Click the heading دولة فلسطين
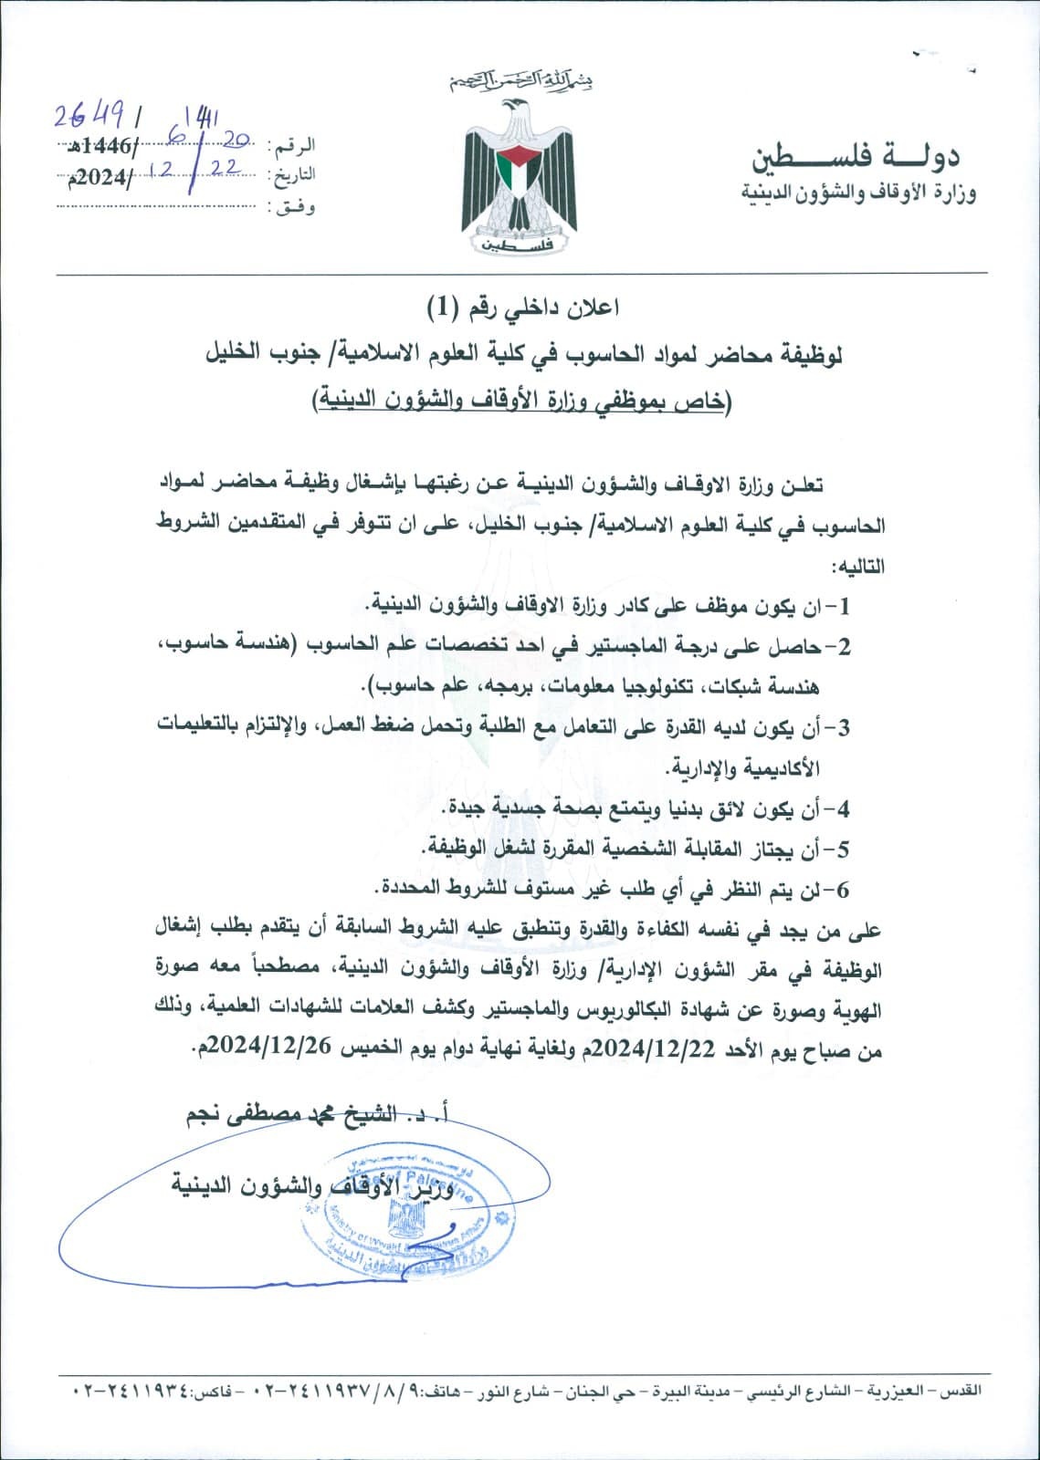pos(856,157)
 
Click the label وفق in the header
pos(292,207)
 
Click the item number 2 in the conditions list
pos(842,647)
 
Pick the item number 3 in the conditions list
pos(842,727)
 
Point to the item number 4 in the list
pos(842,808)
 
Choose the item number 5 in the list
pos(842,849)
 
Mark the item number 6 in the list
pos(842,888)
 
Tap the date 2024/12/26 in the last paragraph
pos(259,1049)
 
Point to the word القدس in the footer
pos(964,1418)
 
